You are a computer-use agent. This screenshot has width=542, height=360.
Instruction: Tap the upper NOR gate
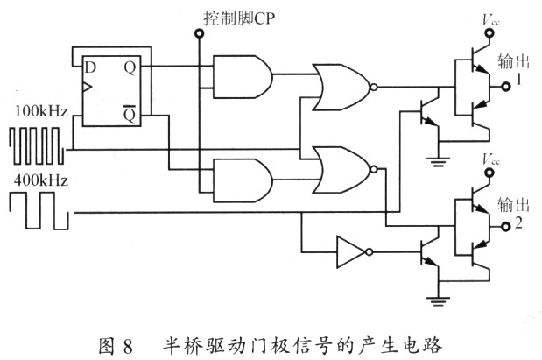pos(343,88)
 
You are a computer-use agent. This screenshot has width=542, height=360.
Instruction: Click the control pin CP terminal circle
pos(199,34)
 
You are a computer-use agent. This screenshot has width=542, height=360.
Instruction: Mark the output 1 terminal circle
pos(504,87)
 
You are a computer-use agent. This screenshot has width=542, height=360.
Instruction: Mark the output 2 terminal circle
pos(505,226)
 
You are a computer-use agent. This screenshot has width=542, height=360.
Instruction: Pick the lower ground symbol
pos(438,302)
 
